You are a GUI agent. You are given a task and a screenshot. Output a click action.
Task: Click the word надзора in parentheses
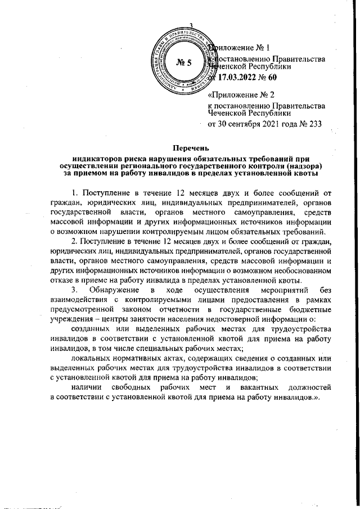click(x=305, y=166)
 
